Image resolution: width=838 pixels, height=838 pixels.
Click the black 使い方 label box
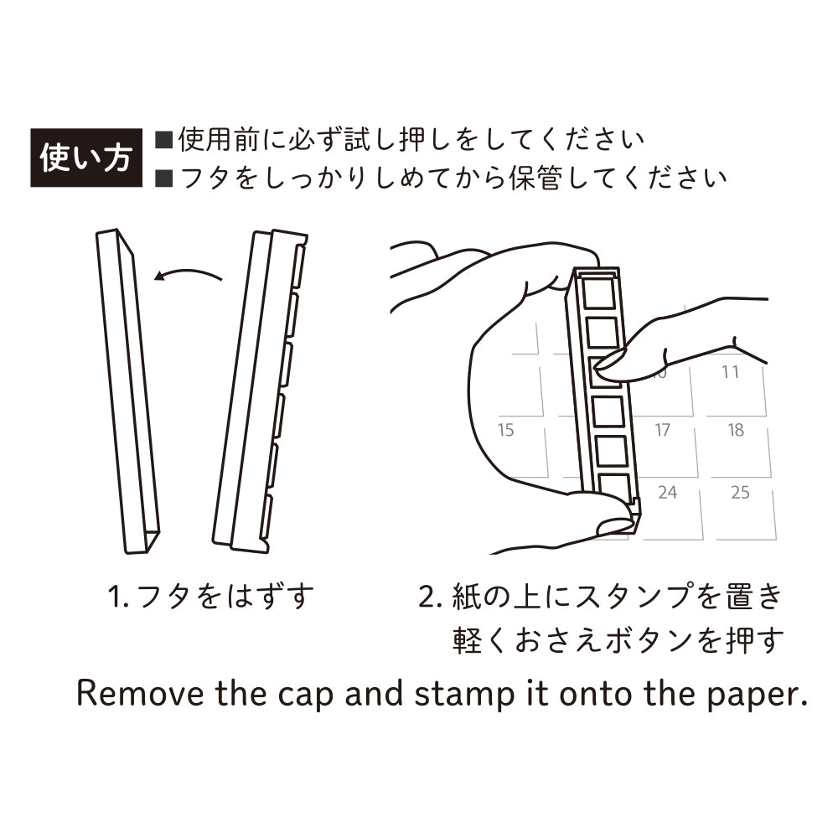(86, 158)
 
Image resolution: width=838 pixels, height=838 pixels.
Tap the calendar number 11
(730, 372)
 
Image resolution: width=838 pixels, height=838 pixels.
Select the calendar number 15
(505, 430)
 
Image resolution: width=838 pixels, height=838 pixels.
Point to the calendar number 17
(662, 430)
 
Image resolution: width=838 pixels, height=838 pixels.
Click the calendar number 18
(736, 430)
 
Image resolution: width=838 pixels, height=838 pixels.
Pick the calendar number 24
(668, 492)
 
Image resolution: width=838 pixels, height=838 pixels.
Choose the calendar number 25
(740, 492)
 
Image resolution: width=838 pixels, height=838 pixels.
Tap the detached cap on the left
(127, 391)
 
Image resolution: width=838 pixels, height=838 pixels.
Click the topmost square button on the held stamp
(598, 292)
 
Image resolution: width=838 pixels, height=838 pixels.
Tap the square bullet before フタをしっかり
(163, 178)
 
